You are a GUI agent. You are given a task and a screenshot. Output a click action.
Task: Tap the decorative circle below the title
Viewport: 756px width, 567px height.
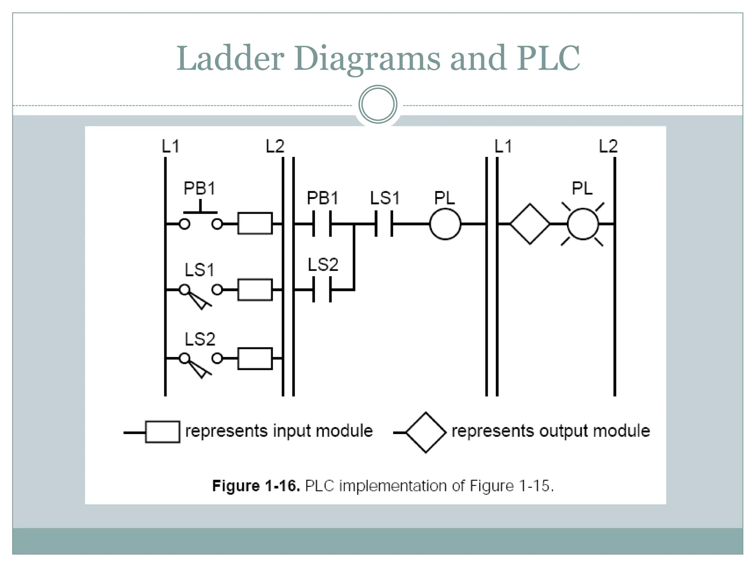pos(378,104)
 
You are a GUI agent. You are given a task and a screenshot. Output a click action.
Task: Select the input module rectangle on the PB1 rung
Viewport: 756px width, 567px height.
pos(255,223)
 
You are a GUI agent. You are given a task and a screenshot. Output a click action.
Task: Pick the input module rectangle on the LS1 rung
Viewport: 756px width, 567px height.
pos(255,290)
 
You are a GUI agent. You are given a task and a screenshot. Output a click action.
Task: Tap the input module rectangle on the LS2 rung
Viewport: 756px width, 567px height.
pos(255,358)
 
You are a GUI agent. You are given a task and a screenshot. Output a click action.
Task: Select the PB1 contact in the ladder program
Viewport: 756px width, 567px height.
pos(322,224)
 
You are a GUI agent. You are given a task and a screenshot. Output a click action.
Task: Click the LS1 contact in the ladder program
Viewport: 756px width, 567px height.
pos(384,224)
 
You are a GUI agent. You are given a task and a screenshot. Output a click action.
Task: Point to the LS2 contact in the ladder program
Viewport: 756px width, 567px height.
pos(322,290)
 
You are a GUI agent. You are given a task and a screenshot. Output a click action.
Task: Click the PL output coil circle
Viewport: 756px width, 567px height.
pos(445,224)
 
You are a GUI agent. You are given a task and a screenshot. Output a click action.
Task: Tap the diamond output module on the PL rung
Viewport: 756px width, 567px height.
pos(530,224)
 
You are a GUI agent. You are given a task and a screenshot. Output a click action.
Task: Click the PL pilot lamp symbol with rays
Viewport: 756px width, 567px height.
pos(583,224)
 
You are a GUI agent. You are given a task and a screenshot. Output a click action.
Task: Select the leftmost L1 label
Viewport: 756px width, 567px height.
pos(171,147)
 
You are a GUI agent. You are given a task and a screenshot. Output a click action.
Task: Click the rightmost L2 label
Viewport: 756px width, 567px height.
pos(608,147)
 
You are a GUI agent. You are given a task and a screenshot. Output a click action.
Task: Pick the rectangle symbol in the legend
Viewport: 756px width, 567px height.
pos(162,432)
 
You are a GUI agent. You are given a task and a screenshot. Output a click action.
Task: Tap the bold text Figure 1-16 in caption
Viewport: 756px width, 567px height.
pos(256,486)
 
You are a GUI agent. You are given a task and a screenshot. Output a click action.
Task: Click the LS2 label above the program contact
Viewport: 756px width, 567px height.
pos(323,265)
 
